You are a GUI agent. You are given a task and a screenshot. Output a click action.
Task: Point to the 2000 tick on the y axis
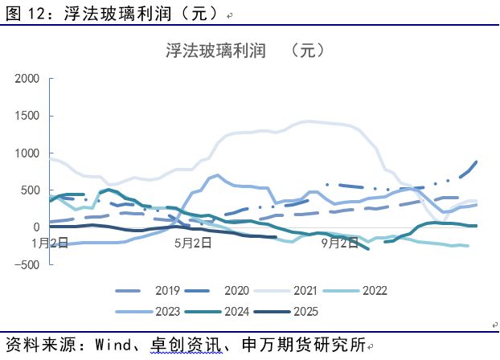click(27, 79)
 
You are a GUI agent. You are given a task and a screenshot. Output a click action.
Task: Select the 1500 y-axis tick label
click(27, 116)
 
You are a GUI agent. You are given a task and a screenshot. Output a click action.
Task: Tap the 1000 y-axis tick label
click(27, 153)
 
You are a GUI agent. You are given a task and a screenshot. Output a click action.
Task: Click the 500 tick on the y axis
click(30, 190)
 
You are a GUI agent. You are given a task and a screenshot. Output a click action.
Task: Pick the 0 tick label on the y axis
click(35, 227)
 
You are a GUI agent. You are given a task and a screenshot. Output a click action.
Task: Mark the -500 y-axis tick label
click(27, 264)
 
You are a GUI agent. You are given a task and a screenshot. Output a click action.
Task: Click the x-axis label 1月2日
click(50, 242)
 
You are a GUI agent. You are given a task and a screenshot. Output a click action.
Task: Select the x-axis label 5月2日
click(194, 242)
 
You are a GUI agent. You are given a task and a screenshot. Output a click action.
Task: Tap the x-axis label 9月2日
click(339, 242)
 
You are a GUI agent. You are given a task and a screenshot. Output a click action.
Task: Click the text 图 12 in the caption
click(23, 12)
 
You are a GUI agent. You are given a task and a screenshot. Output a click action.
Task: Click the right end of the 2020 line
click(476, 162)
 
